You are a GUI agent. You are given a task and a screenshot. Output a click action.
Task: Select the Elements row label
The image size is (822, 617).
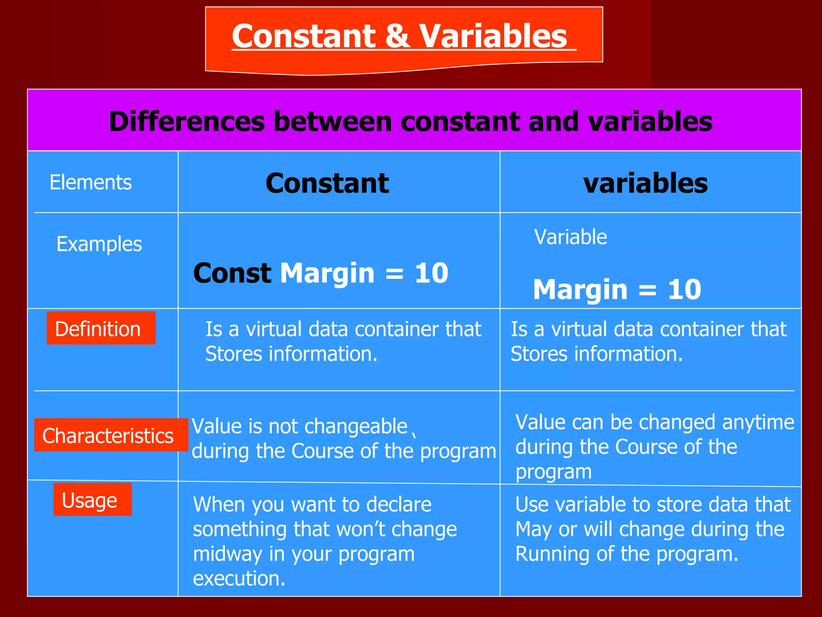(90, 182)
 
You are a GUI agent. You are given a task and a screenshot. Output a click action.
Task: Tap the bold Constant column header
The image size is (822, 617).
(327, 183)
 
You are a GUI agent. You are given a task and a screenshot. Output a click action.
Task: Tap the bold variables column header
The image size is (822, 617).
(645, 183)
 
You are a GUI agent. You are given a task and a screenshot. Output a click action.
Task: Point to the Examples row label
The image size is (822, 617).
(99, 244)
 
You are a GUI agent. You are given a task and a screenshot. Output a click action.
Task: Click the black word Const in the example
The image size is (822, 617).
(232, 273)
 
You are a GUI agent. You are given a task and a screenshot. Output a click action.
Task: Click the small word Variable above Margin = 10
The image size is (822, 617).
(570, 237)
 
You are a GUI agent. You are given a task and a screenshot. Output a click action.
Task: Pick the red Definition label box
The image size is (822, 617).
(101, 328)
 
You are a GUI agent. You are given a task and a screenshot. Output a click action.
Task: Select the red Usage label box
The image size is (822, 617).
(92, 500)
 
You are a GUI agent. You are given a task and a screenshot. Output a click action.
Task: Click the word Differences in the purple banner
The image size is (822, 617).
(187, 121)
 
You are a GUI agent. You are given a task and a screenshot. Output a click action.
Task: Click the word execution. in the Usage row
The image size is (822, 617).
(239, 578)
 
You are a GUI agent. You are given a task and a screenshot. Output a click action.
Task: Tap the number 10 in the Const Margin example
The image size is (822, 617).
(431, 273)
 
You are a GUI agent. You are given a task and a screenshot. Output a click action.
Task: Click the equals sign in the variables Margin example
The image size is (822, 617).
(647, 290)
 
